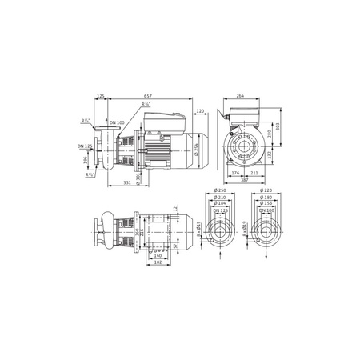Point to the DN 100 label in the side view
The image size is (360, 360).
117,122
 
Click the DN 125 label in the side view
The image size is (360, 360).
84,146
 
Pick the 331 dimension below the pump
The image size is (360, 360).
128,183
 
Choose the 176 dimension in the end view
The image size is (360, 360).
234,172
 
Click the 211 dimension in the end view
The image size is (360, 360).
253,172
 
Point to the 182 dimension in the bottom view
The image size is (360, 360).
158,262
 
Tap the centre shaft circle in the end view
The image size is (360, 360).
243,148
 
